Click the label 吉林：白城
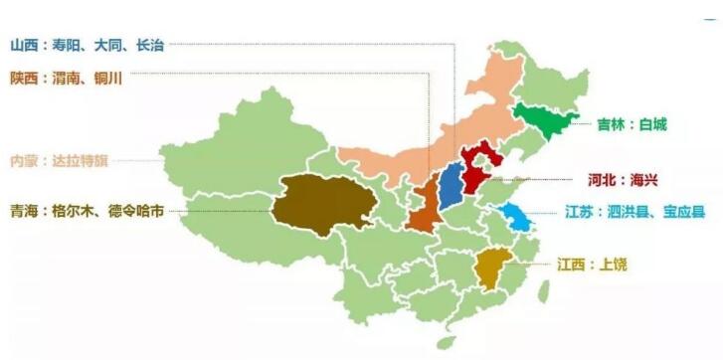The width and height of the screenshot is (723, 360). tap(632, 125)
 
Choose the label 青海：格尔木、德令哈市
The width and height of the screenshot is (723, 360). tap(88, 211)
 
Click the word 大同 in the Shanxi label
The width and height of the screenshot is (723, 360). tap(109, 44)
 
